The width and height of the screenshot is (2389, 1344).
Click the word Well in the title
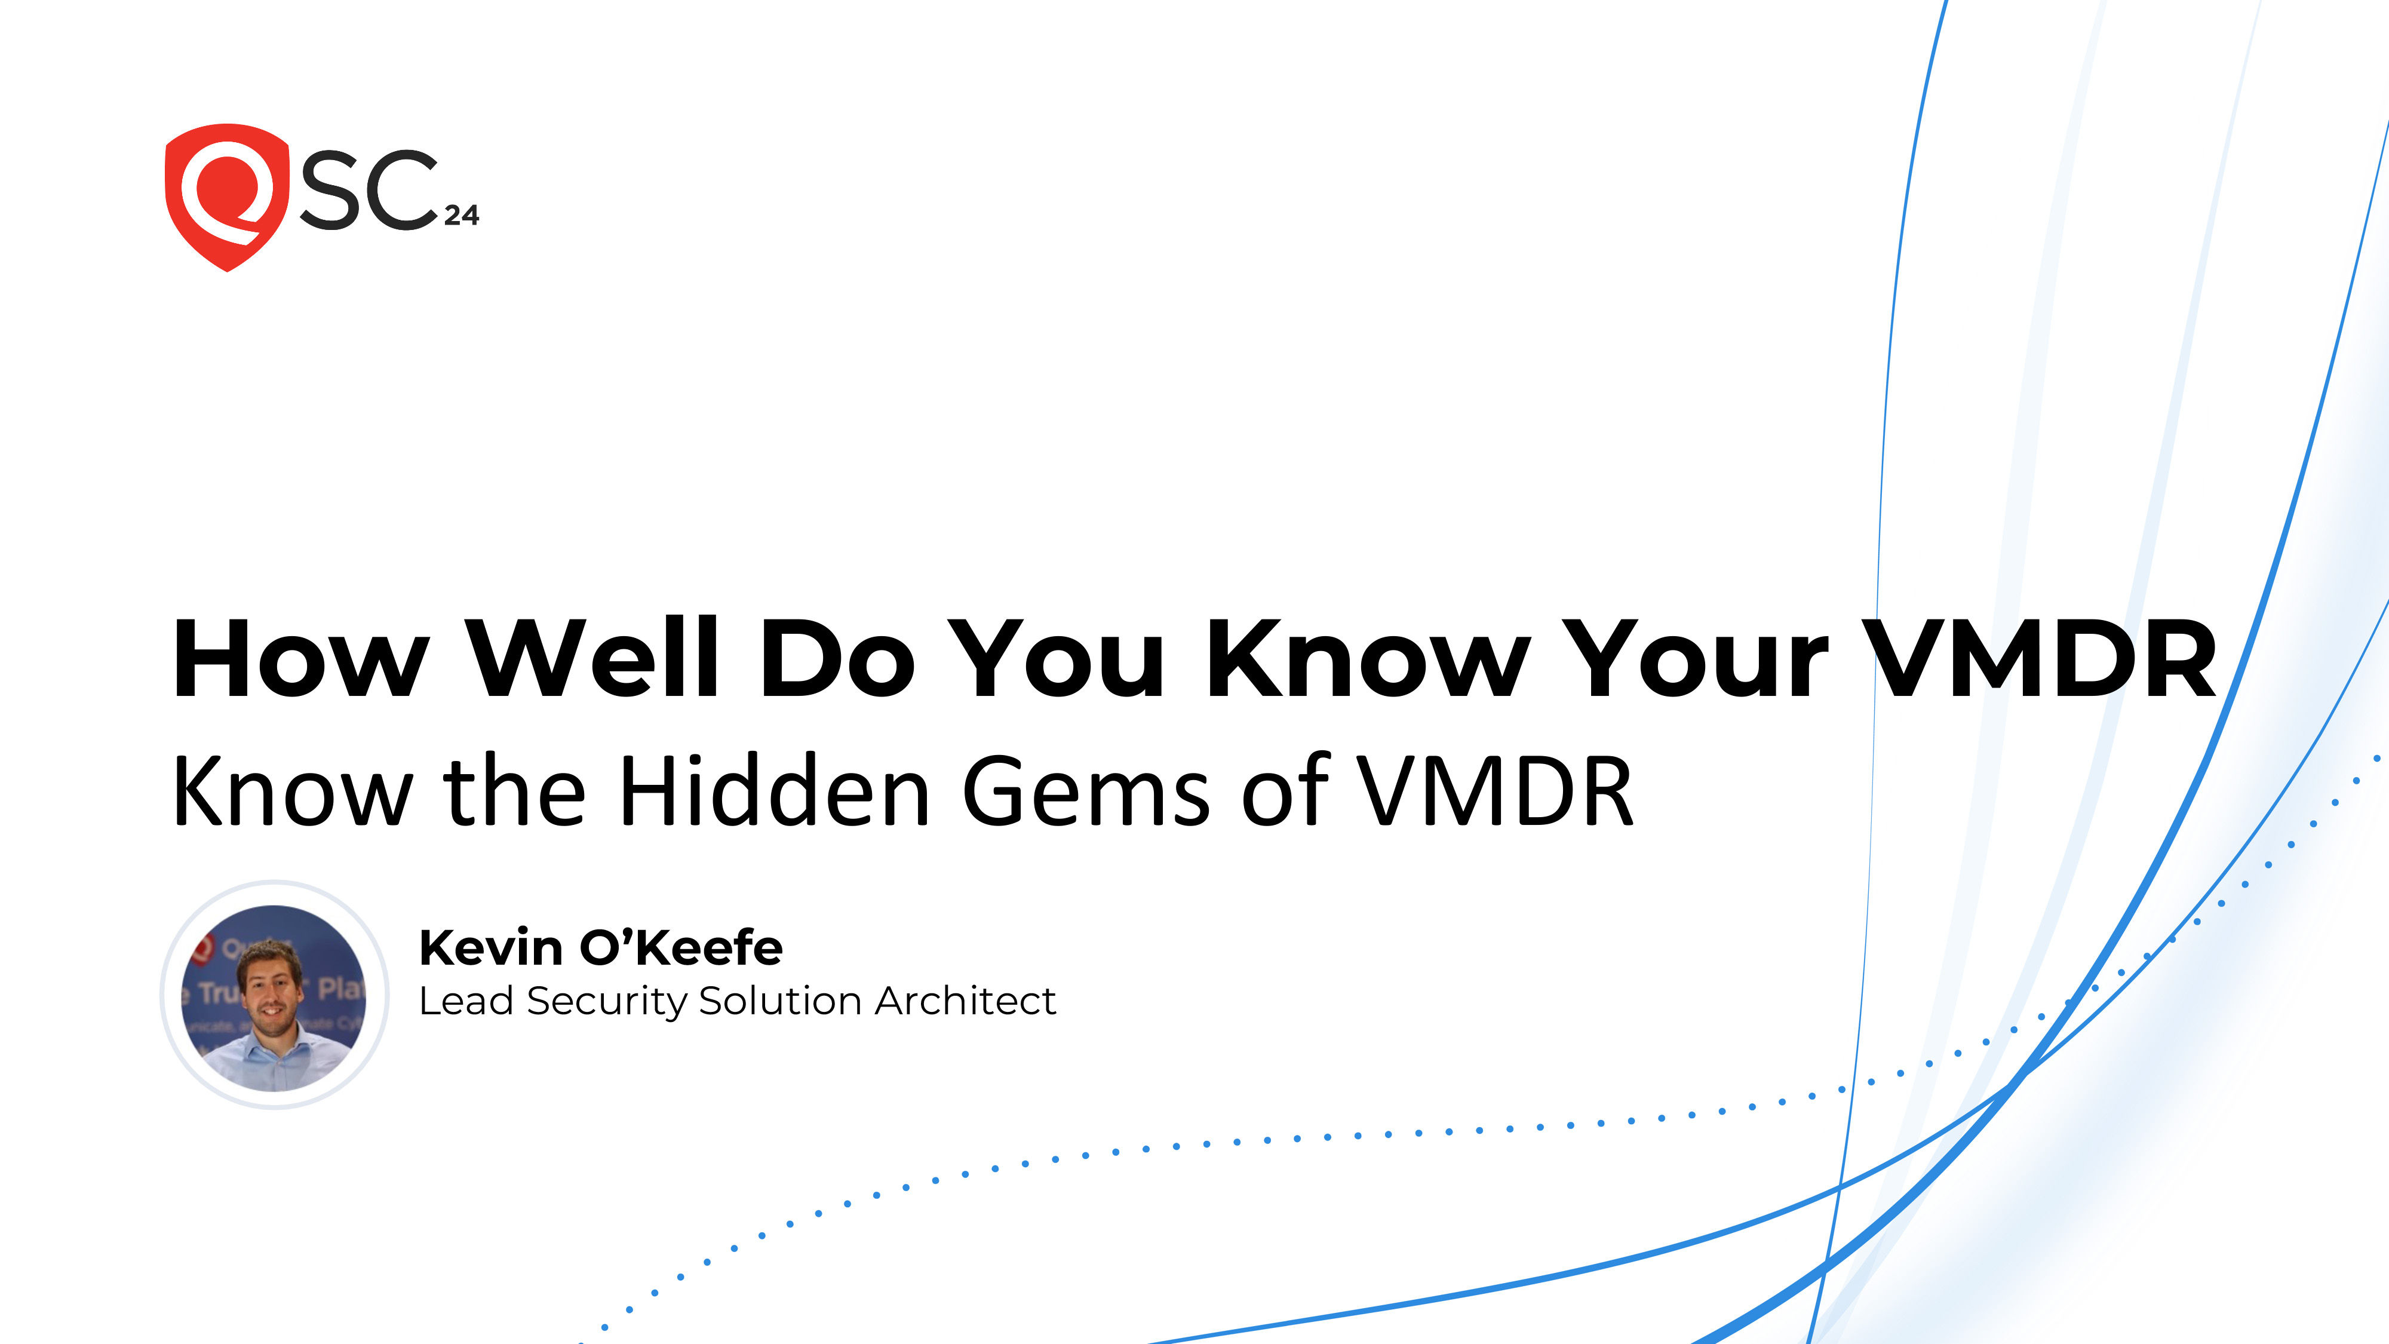[x=594, y=658]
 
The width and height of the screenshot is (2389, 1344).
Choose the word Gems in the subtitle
[x=1085, y=791]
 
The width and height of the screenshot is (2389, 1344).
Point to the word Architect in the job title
[x=965, y=1001]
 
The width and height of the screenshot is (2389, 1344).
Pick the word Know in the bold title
[x=1368, y=658]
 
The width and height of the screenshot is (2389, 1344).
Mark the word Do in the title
[x=837, y=658]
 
